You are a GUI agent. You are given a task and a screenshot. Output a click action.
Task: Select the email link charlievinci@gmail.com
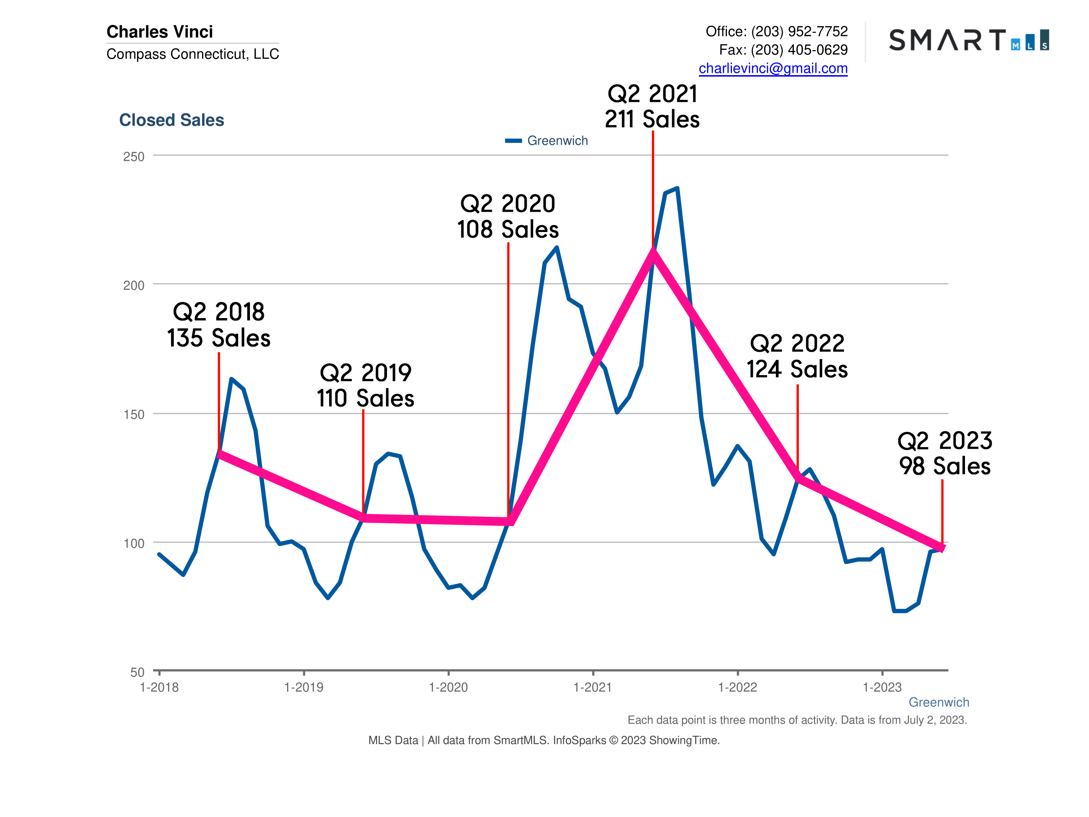click(x=772, y=68)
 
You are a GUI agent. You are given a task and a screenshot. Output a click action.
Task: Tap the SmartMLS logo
click(x=968, y=40)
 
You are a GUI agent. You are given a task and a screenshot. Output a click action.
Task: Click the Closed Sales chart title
click(x=171, y=120)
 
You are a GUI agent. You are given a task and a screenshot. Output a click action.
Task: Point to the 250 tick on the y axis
click(x=134, y=157)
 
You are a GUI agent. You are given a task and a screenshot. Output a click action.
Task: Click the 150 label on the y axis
click(x=134, y=415)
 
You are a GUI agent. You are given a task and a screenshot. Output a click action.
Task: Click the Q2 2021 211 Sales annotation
click(x=652, y=106)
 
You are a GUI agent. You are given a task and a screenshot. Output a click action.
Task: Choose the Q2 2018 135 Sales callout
click(x=219, y=325)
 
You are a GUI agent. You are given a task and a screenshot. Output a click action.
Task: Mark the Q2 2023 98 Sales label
click(x=944, y=453)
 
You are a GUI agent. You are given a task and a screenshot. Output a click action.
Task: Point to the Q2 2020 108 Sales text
click(x=508, y=217)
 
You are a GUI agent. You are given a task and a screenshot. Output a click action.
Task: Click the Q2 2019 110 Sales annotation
click(x=365, y=386)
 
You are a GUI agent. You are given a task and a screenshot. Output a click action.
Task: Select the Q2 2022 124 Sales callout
click(x=797, y=356)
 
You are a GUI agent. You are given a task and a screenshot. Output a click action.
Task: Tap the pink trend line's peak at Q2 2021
click(x=653, y=252)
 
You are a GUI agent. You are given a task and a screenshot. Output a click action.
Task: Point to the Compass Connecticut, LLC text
click(x=193, y=54)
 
